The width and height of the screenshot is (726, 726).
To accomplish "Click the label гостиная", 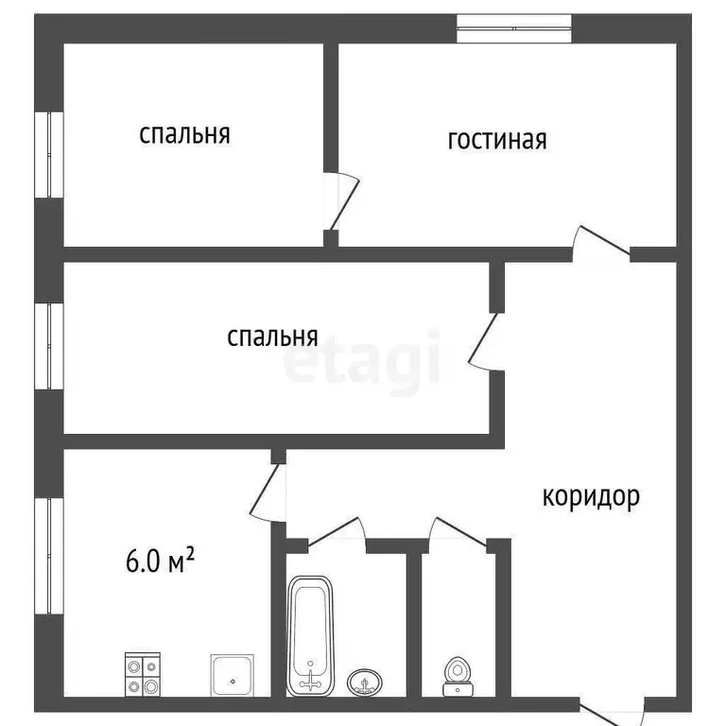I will (x=497, y=140).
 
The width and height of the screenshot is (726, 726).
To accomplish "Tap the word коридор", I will (x=591, y=495).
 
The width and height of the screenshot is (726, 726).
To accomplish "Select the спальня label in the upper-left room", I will (x=184, y=134).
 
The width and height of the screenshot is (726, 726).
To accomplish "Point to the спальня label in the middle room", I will (x=272, y=337).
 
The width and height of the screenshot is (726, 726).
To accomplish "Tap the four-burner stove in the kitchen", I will (x=143, y=675).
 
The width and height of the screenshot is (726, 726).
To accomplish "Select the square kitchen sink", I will (x=231, y=674).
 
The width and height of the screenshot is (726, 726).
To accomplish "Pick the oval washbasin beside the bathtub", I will (x=364, y=681).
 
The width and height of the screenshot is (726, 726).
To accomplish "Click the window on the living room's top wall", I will (x=514, y=28).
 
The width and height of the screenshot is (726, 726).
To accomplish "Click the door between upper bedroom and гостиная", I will (x=342, y=202).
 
